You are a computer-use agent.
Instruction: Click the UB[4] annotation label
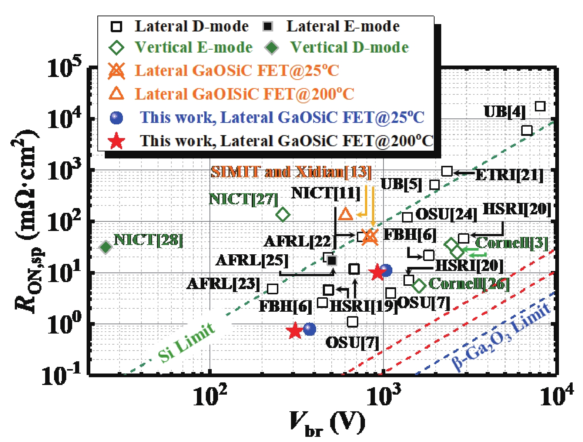click(x=505, y=111)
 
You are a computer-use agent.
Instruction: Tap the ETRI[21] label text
click(x=509, y=175)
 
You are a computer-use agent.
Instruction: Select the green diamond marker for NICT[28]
click(x=106, y=247)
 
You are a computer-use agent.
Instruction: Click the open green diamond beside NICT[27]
click(x=283, y=214)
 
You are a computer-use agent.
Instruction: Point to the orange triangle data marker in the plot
click(x=346, y=214)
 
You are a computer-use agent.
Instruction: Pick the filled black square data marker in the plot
click(x=332, y=261)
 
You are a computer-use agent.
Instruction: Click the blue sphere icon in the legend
click(x=117, y=118)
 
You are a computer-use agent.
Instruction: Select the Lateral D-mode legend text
click(x=191, y=26)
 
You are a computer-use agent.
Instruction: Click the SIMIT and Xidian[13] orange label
click(x=291, y=172)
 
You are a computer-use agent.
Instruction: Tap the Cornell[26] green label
click(x=469, y=284)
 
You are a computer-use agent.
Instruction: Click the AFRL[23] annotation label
click(x=223, y=284)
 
